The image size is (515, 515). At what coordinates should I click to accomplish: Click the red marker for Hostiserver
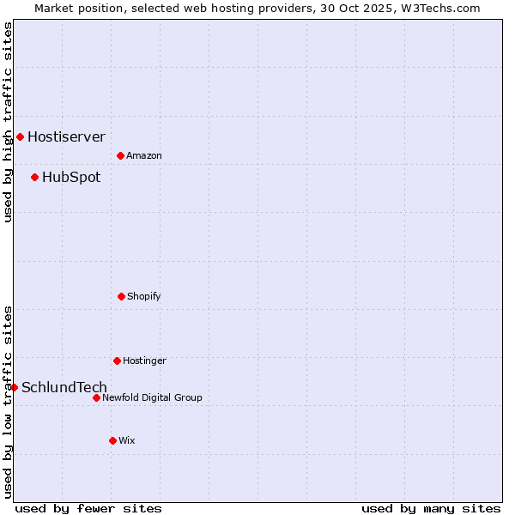20,136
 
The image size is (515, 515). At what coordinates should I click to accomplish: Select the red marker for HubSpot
34,177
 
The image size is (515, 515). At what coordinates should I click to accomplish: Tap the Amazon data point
120,155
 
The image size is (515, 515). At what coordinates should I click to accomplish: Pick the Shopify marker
121,296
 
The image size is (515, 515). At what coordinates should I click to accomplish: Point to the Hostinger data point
117,360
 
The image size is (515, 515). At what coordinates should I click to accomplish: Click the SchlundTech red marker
14,387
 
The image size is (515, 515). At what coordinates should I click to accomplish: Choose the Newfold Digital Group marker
96,397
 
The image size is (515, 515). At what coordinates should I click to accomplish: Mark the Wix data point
112,440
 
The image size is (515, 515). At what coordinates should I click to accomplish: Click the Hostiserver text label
66,136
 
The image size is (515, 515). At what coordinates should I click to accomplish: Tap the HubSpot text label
71,178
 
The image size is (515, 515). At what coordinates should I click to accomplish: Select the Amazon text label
144,155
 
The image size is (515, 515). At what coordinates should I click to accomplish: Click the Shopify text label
144,297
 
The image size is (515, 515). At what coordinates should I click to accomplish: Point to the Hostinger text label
144,361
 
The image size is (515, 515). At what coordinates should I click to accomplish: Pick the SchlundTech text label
64,388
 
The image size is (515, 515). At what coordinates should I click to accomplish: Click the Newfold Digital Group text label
152,398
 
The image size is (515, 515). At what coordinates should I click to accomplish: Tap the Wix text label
127,441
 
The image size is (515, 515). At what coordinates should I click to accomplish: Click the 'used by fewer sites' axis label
88,508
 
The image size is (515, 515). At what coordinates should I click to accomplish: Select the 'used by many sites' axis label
431,508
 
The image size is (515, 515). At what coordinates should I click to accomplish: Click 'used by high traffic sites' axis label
8,122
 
